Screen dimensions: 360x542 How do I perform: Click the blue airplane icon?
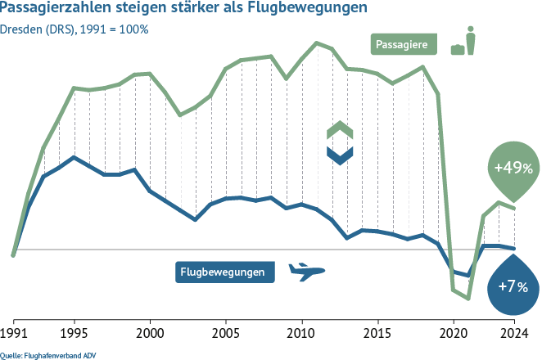point(307,272)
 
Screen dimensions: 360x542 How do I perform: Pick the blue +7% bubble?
point(513,286)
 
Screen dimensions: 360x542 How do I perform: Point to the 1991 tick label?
point(14,334)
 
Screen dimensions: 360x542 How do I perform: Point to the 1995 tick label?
point(75,334)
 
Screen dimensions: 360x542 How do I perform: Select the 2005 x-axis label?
point(226,334)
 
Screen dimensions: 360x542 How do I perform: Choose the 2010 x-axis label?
point(301,334)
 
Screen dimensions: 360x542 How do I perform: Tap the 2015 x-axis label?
point(377,334)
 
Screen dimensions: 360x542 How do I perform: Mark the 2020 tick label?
point(453,334)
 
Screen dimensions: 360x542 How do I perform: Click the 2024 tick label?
point(513,334)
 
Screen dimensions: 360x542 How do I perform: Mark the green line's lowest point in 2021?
point(468,299)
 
